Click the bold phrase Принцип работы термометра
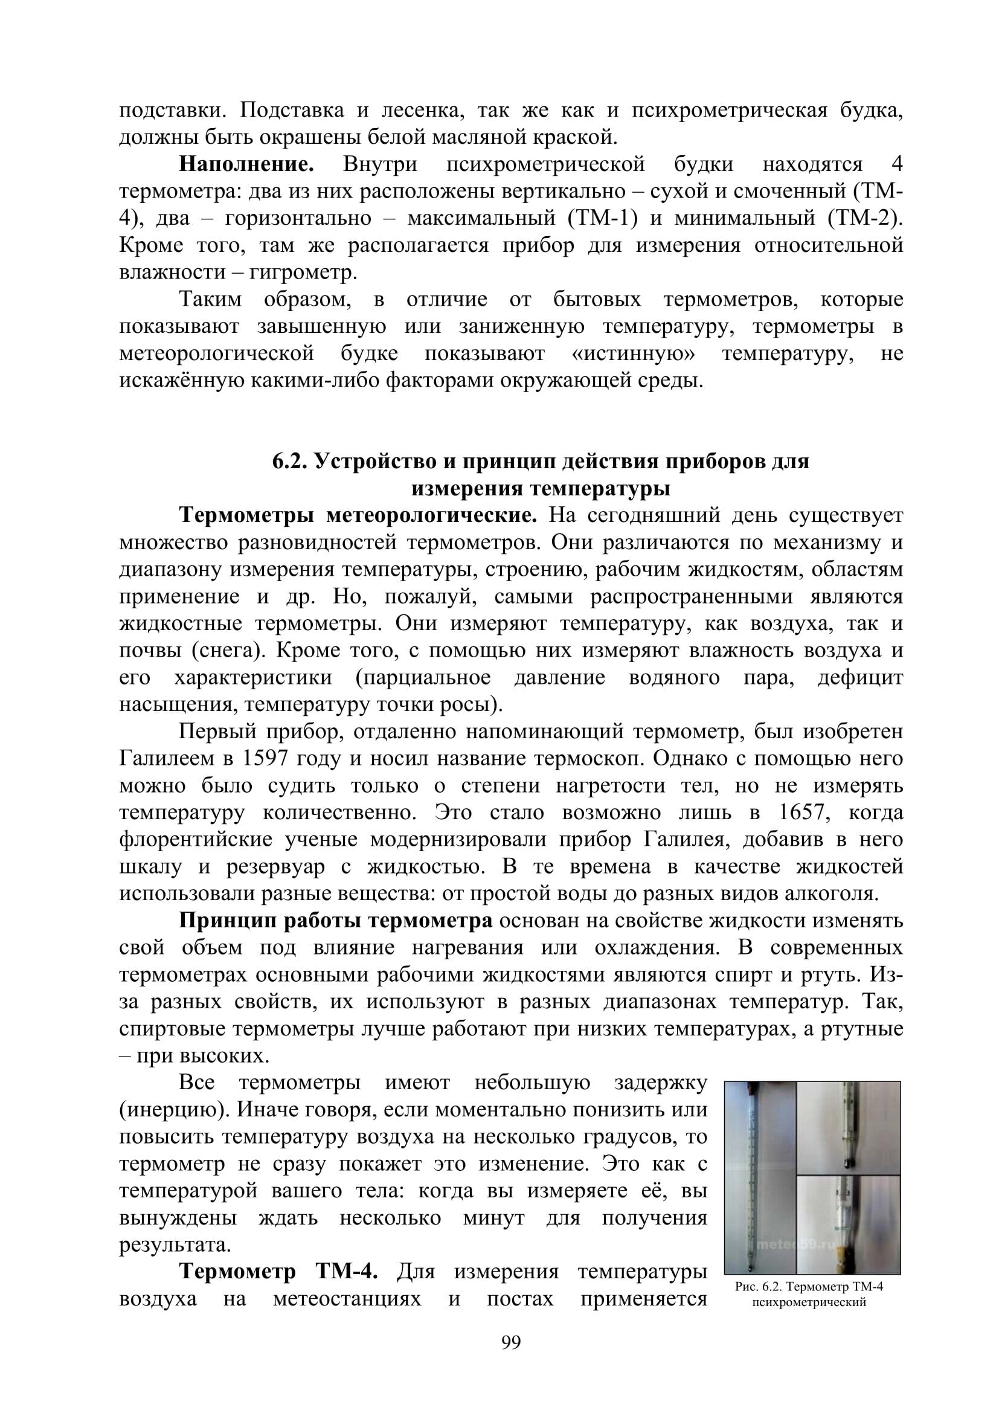click(336, 921)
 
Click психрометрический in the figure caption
click(809, 1302)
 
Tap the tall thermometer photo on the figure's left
click(760, 1177)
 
